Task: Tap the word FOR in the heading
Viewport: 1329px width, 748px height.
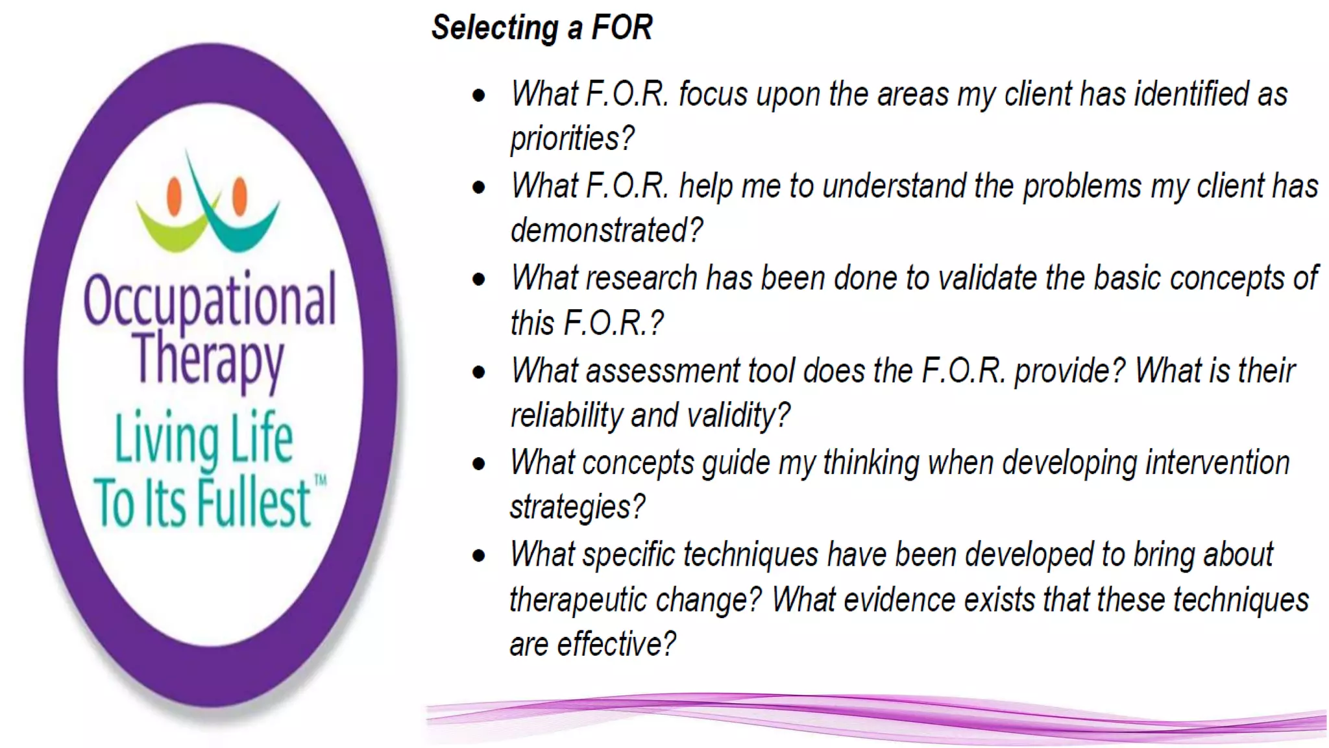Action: [622, 28]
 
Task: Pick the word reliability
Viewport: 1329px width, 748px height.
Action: [566, 416]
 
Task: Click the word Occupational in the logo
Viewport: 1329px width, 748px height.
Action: [210, 301]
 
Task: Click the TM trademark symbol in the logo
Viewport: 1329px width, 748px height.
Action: [321, 480]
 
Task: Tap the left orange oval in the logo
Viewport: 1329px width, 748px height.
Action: [174, 196]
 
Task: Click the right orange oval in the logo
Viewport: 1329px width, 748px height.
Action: [240, 195]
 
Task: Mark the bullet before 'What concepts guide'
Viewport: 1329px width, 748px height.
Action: [479, 464]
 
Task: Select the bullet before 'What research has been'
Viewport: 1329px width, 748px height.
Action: [479, 279]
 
